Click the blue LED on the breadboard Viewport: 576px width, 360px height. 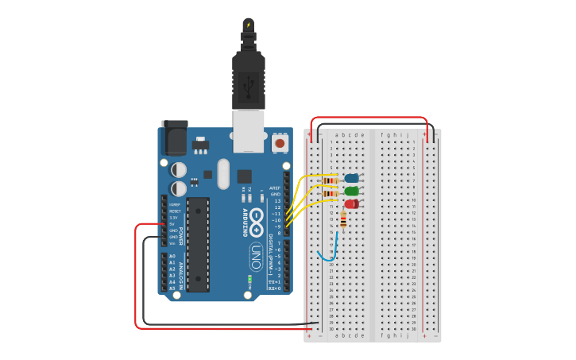[x=351, y=178]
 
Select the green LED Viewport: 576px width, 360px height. [x=351, y=191]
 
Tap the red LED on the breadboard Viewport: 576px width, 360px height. [x=351, y=204]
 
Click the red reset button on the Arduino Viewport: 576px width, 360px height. [x=280, y=143]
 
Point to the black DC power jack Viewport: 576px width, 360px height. [x=174, y=138]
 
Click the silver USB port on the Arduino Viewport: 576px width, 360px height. [x=249, y=130]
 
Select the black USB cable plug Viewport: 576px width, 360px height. [x=249, y=80]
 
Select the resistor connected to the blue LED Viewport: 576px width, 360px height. [x=331, y=178]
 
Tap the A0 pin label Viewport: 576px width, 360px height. [x=172, y=256]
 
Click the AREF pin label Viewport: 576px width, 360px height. [x=275, y=188]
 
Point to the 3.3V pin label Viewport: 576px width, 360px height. [x=174, y=218]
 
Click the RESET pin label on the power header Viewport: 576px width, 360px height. [x=174, y=211]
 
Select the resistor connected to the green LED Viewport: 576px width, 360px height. [x=331, y=192]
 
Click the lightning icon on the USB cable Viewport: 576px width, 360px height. [x=249, y=25]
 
